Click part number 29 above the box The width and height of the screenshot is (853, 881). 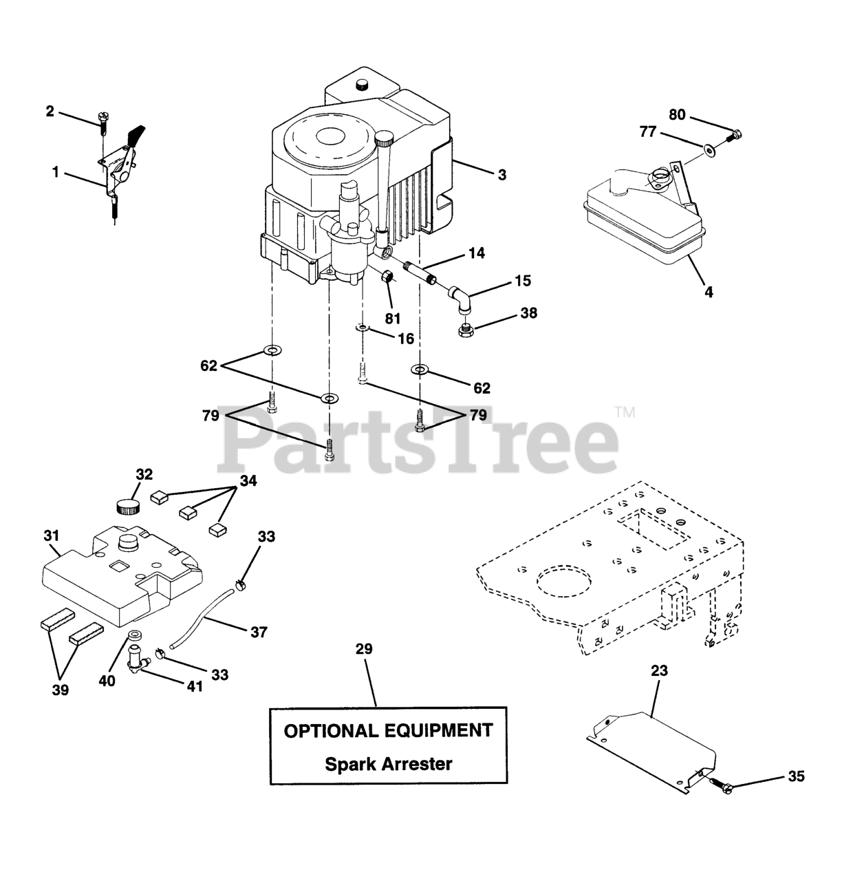point(364,648)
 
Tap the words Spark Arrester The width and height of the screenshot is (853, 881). point(388,763)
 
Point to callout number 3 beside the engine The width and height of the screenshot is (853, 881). point(502,175)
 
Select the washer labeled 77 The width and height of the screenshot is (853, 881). point(709,147)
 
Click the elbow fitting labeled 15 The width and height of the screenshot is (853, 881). point(460,299)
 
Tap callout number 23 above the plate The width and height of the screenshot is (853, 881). point(658,670)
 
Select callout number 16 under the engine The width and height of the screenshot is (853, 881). point(406,338)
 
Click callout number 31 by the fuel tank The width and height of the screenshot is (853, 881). point(52,535)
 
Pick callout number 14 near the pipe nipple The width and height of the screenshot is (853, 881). point(477,253)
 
